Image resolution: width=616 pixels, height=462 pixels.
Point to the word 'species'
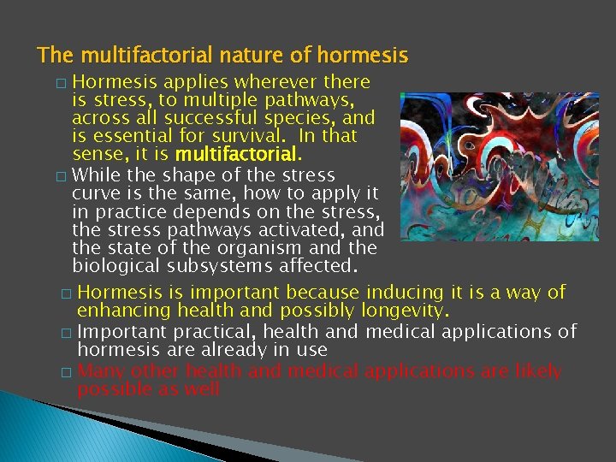coord(305,119)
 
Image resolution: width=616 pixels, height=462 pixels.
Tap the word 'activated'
coord(303,230)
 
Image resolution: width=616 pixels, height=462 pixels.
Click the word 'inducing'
coord(407,293)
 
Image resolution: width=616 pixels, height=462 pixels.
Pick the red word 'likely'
coord(531,370)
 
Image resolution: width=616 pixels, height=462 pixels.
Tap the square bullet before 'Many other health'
coord(66,372)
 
